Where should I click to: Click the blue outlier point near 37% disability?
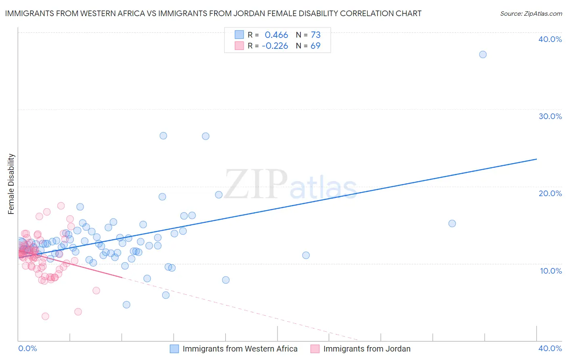(483, 54)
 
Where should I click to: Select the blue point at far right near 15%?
(452, 224)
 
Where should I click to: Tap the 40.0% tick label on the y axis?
(550, 39)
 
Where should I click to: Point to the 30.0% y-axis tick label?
(550, 116)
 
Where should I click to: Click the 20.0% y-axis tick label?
(550, 193)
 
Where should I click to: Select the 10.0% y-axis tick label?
(551, 271)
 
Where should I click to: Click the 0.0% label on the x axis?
(27, 348)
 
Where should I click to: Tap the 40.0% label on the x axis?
(550, 348)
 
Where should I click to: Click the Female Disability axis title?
(11, 184)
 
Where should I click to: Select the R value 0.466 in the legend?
(276, 35)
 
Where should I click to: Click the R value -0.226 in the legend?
(275, 46)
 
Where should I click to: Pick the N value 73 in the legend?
(315, 35)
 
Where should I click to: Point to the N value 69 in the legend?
(315, 46)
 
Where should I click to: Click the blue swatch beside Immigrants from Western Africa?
(174, 349)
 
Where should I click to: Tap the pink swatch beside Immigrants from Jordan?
(315, 349)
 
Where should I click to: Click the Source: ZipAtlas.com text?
(531, 14)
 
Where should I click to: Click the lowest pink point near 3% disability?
(46, 316)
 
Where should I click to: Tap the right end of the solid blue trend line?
(536, 159)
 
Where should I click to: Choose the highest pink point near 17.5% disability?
(61, 206)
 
